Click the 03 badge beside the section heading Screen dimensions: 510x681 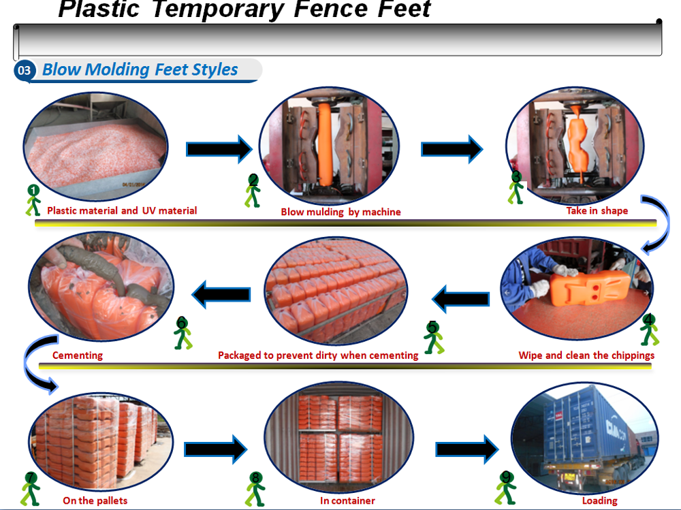[x=25, y=70]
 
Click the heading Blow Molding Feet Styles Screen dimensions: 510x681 [x=140, y=69]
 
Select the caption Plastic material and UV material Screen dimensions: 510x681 [x=122, y=210]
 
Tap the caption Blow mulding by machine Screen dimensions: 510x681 [x=340, y=212]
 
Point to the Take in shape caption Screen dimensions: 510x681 [x=597, y=210]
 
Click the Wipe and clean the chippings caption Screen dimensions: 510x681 [x=586, y=355]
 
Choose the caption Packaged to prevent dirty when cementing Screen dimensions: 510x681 [x=317, y=355]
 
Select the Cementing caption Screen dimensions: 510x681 [x=78, y=355]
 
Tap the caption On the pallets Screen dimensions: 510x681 [x=95, y=500]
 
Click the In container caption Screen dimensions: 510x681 [x=347, y=500]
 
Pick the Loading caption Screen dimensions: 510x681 [x=599, y=500]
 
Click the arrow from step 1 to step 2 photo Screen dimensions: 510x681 [x=219, y=149]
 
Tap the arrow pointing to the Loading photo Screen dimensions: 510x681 [x=467, y=449]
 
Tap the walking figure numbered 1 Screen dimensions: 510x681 [x=33, y=200]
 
